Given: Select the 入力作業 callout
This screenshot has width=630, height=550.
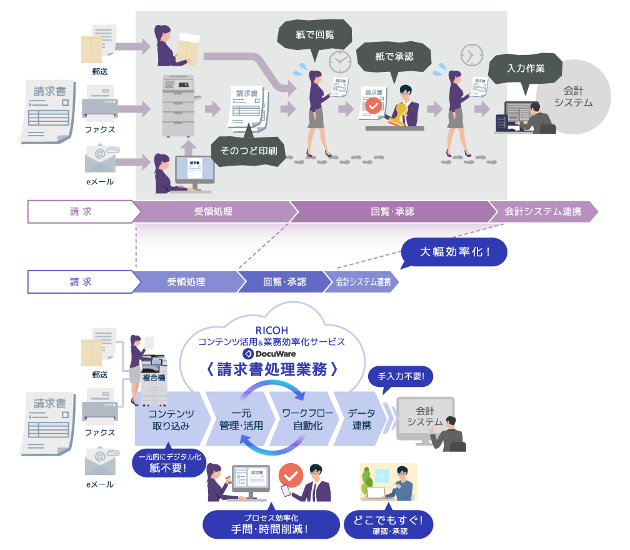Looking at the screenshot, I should (x=526, y=68).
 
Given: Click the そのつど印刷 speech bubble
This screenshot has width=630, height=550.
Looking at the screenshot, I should (x=248, y=150).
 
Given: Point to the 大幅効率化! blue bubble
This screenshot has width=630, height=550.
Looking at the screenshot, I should (x=454, y=252).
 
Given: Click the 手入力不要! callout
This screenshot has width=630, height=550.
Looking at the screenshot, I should (x=401, y=376).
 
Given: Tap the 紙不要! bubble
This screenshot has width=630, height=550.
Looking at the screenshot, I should (x=168, y=462).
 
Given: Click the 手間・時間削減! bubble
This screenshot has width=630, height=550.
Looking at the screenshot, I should (x=271, y=524).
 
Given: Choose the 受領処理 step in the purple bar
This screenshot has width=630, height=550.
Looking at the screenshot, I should (x=213, y=212).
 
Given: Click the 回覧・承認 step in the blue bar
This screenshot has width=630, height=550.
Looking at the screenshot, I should (x=284, y=282).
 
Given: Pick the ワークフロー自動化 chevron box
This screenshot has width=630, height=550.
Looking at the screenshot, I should (x=302, y=419).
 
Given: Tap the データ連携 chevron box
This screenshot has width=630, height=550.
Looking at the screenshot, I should (x=361, y=419).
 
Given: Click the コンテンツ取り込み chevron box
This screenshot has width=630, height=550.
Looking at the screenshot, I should (x=171, y=419).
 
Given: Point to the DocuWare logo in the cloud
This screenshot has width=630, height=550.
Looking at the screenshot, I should (x=271, y=354).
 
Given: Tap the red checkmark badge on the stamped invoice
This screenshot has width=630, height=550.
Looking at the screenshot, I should (x=373, y=106).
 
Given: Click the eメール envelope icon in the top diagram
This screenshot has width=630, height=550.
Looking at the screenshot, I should (x=100, y=159).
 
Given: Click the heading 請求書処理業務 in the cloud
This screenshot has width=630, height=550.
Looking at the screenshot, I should (x=271, y=369).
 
